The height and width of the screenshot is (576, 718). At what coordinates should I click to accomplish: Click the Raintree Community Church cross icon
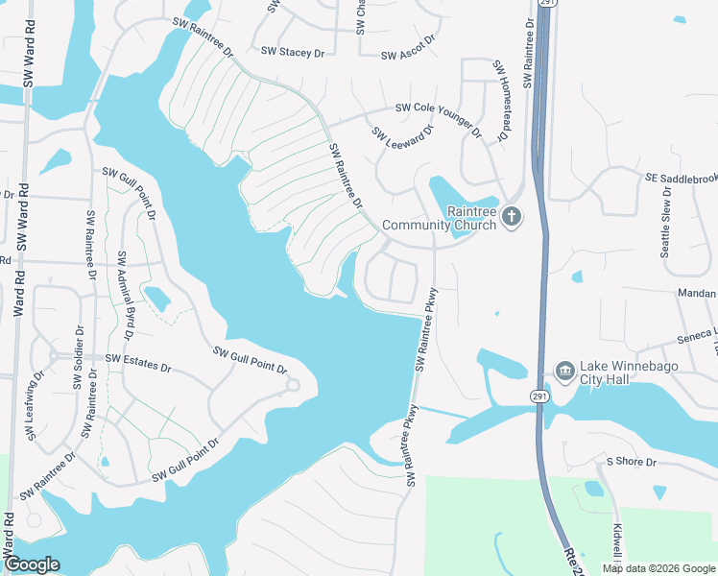(x=512, y=216)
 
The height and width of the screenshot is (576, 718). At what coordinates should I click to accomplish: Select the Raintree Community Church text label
(x=439, y=219)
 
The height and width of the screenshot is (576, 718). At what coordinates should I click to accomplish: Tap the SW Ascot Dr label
(x=408, y=56)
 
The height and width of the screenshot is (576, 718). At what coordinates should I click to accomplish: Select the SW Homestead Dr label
(x=499, y=103)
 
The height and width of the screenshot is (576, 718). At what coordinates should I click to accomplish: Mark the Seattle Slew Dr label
(x=665, y=223)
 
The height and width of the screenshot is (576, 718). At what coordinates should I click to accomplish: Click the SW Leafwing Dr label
(x=36, y=406)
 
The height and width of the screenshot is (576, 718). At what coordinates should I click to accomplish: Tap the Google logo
(x=32, y=564)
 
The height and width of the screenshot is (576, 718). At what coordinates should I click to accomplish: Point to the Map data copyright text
(x=658, y=568)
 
